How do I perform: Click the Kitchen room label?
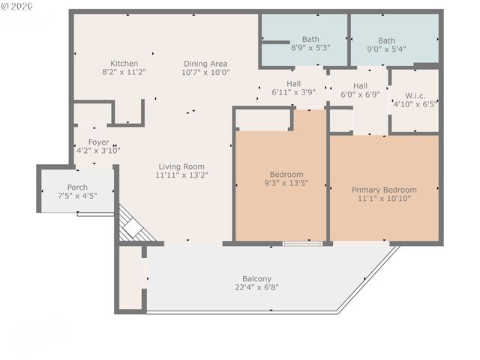(x=124, y=63)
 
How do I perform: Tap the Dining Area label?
(x=205, y=64)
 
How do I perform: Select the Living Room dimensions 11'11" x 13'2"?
(x=181, y=175)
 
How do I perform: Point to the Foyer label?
(x=98, y=142)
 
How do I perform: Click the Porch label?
(x=77, y=187)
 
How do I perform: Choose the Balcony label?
(x=256, y=278)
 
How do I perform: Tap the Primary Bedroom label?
(x=384, y=190)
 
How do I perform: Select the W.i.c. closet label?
(x=414, y=95)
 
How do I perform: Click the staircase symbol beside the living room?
(x=135, y=226)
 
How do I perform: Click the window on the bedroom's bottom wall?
(x=303, y=243)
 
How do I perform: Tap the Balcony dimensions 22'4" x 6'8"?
(x=256, y=287)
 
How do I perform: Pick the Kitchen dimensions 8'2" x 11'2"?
(x=124, y=72)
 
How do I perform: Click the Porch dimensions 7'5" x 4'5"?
(x=77, y=196)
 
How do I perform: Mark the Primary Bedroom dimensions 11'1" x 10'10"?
(x=384, y=199)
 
